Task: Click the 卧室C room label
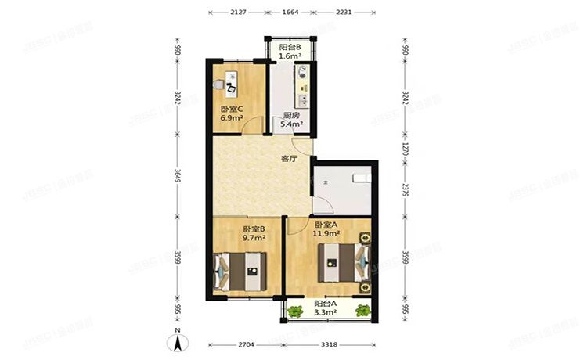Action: pyautogui.click(x=231, y=109)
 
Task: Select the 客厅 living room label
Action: pyautogui.click(x=289, y=159)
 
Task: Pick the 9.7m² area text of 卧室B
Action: pyautogui.click(x=254, y=238)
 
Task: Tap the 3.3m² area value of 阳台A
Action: pyautogui.click(x=326, y=312)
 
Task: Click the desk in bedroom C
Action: pyautogui.click(x=232, y=81)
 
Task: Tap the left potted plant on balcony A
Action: pyautogui.click(x=294, y=311)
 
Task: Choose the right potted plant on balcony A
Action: pyautogui.click(x=362, y=311)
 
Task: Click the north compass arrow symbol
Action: pyautogui.click(x=178, y=341)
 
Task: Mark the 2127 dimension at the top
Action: pyautogui.click(x=239, y=13)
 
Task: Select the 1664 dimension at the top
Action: pyautogui.click(x=290, y=13)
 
